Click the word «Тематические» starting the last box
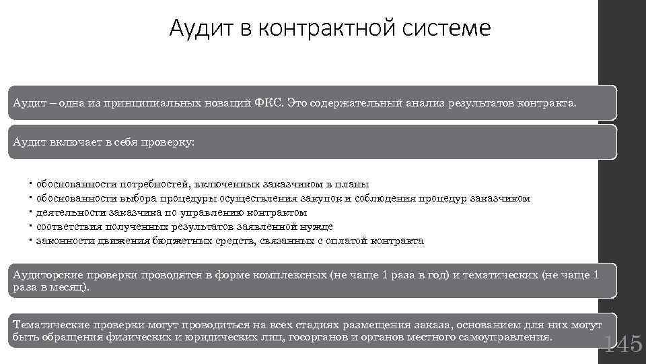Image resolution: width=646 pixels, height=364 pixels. pos(52,324)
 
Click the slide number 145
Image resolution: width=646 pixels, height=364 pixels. pos(624,344)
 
